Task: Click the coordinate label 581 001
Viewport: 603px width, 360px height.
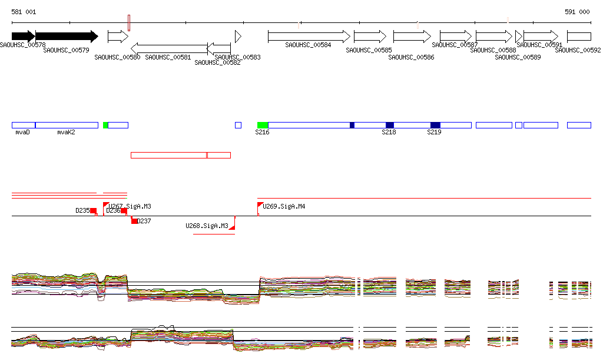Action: [24, 12]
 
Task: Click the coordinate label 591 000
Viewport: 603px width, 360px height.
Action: [577, 12]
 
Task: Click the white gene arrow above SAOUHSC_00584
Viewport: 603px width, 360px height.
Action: [309, 37]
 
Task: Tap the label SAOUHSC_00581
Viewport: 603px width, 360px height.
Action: [168, 57]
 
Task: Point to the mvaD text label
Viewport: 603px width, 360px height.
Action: [22, 133]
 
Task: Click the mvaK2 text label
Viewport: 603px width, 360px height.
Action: [66, 133]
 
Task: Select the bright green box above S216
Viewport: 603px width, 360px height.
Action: [263, 125]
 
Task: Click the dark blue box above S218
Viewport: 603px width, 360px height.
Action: [390, 125]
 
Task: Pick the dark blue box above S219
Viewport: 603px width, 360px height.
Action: [435, 125]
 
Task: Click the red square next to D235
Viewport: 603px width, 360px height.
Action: [93, 211]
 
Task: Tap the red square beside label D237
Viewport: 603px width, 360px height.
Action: [134, 221]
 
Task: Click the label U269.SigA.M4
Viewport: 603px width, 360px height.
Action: [284, 206]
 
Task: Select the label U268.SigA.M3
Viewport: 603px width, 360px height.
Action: [207, 226]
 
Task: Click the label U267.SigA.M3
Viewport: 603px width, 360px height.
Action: [130, 206]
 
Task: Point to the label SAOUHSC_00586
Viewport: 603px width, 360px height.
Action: [412, 57]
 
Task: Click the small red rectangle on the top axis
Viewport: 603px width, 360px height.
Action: [129, 23]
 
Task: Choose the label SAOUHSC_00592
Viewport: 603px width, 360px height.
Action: [578, 50]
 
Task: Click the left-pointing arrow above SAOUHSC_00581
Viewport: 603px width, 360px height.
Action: [169, 48]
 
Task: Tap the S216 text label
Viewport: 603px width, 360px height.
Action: [262, 133]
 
